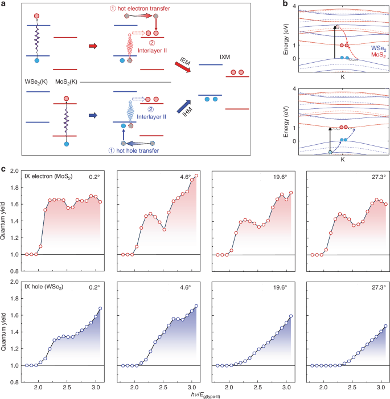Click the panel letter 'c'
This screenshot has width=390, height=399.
[4, 169]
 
